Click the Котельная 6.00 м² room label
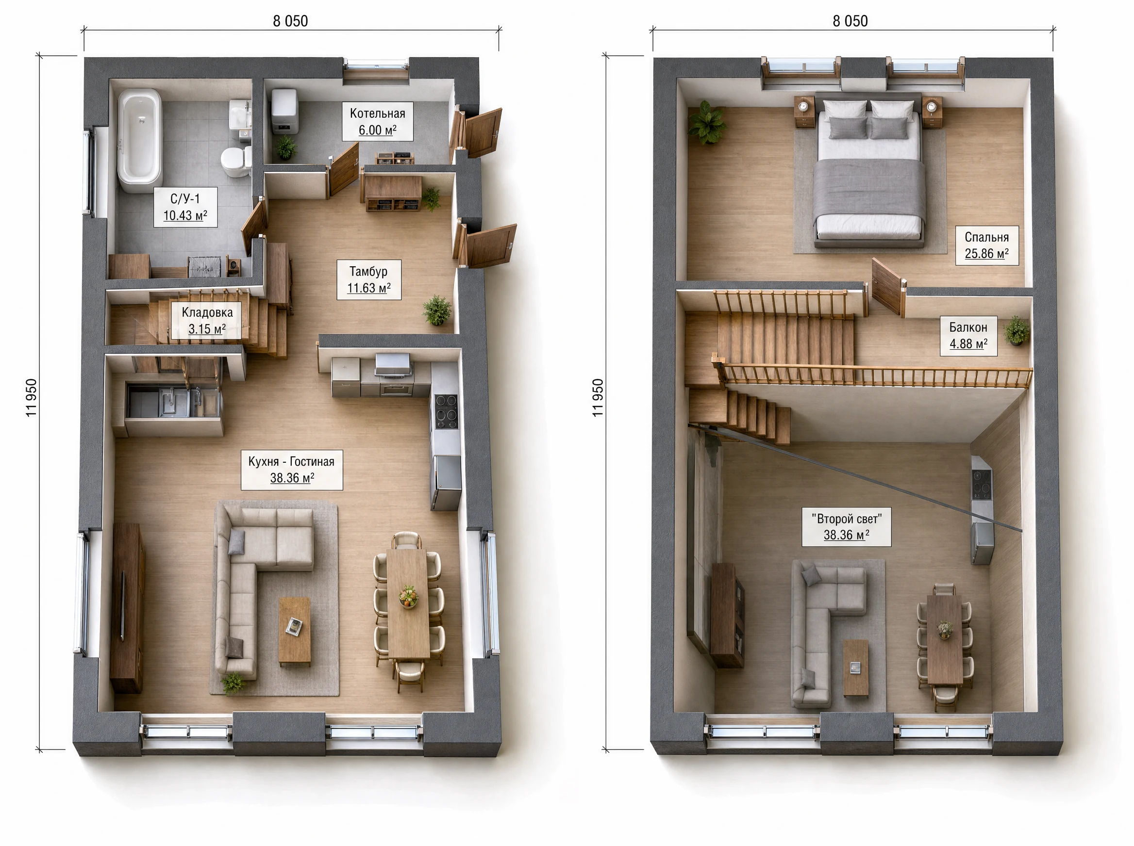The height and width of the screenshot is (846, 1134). (x=378, y=122)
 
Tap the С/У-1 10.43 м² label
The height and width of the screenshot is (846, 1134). (x=185, y=207)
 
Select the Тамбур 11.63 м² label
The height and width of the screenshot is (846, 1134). (x=369, y=279)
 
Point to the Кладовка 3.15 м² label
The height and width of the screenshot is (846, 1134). (x=207, y=321)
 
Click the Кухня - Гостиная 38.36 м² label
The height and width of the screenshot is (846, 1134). (x=292, y=470)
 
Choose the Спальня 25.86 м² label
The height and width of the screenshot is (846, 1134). (x=987, y=245)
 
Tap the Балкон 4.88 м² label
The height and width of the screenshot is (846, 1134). (x=968, y=335)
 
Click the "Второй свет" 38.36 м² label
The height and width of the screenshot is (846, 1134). (x=847, y=527)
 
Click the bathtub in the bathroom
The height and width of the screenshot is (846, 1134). (x=139, y=141)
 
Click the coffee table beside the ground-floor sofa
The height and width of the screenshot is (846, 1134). (x=294, y=632)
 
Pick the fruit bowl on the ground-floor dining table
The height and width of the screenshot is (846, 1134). (x=408, y=596)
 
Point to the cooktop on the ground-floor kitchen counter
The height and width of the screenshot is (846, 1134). (x=446, y=411)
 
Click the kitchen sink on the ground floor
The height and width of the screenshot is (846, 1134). (x=174, y=401)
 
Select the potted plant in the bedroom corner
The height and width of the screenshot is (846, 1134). (x=707, y=123)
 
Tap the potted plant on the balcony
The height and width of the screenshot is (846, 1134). (x=1016, y=331)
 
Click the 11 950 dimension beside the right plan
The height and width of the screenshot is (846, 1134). (x=598, y=398)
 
